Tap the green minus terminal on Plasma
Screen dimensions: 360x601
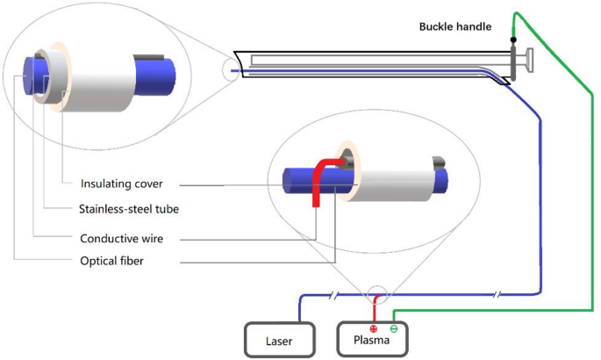coord(393,329)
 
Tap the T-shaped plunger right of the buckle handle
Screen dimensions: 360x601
coord(527,62)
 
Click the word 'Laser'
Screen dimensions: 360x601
coord(280,340)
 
